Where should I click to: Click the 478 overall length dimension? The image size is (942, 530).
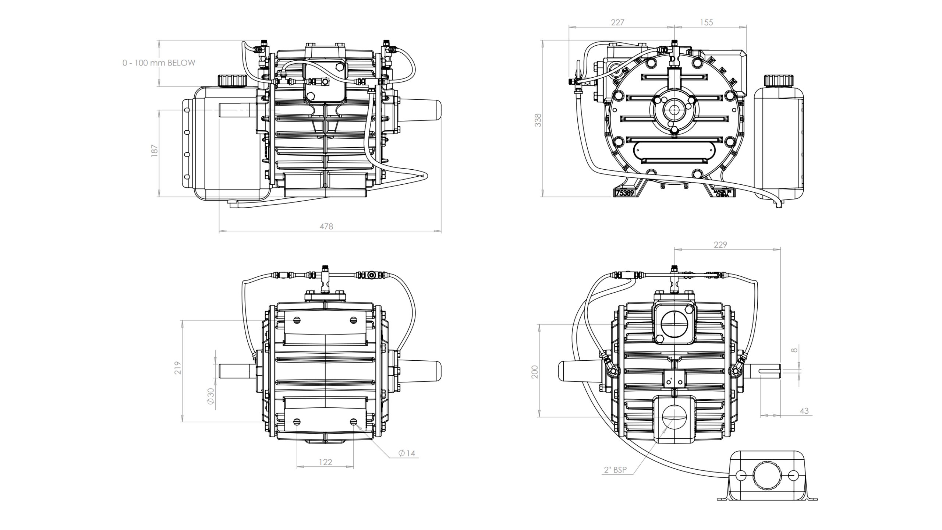326,226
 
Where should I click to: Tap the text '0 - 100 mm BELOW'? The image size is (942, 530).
159,63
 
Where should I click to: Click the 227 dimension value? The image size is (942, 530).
617,22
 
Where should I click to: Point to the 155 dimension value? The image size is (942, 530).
706,22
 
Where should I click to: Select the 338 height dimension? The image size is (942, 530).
538,120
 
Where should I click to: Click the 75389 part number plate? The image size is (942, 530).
625,193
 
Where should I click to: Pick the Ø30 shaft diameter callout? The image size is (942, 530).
210,396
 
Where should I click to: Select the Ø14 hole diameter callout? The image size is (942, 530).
407,453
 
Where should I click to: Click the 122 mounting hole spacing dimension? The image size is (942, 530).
325,462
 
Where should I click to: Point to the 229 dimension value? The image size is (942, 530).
720,245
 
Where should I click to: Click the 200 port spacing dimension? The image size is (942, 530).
535,372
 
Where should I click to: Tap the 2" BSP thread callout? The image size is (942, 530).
615,470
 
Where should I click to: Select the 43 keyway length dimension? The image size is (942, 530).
804,410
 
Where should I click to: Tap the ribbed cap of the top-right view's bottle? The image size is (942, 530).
777,80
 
